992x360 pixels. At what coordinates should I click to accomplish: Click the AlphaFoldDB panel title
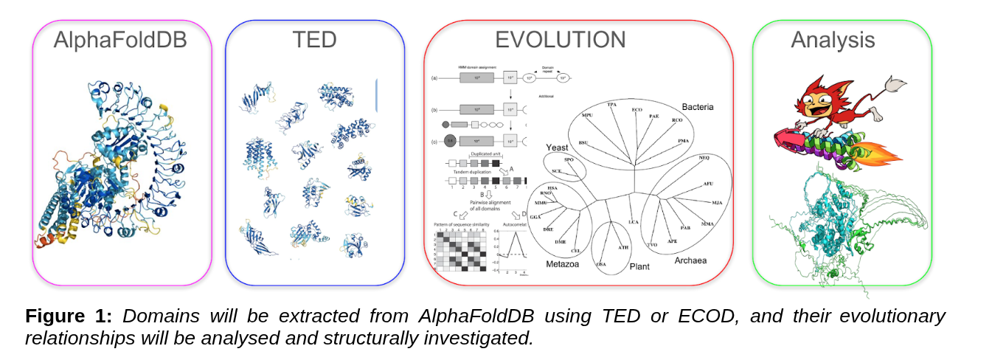click(x=119, y=41)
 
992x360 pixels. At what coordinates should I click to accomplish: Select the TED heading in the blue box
click(x=314, y=41)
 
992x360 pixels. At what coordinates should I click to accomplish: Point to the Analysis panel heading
click(x=832, y=40)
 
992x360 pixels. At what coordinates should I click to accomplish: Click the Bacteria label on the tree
click(x=697, y=107)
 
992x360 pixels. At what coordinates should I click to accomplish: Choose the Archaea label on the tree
click(x=690, y=260)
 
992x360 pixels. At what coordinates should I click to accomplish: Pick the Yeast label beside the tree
click(x=557, y=148)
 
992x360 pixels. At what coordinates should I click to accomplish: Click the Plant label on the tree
click(x=639, y=266)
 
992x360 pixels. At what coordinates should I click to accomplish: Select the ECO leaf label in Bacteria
click(x=637, y=110)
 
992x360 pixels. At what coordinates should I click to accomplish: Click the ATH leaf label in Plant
click(x=623, y=247)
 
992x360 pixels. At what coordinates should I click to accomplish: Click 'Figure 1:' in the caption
click(x=68, y=316)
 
